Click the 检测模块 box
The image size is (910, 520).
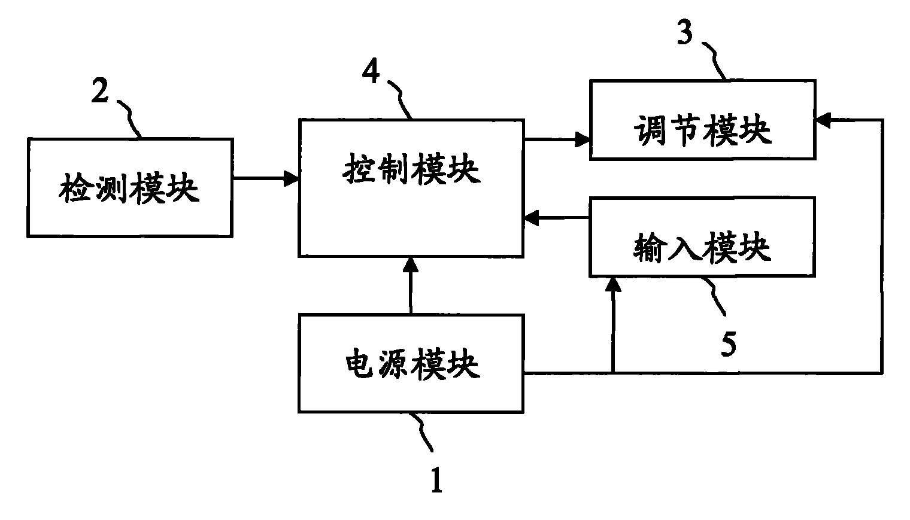point(129,188)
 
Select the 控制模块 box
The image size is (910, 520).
point(411,188)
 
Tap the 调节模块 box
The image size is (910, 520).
point(702,120)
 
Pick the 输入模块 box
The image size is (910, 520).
point(702,237)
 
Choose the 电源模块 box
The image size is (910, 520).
point(411,364)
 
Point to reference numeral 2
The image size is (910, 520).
point(100,92)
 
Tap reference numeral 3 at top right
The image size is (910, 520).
point(684,33)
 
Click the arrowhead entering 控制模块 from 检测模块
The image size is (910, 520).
point(292,178)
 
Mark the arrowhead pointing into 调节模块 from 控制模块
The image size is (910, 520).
point(583,140)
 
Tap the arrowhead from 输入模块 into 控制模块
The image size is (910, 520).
point(530,219)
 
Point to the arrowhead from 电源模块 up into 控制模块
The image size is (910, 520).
point(411,264)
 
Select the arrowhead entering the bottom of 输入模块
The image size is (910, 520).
point(612,284)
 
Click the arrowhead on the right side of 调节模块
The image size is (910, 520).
point(822,121)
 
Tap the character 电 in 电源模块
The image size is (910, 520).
point(361,364)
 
